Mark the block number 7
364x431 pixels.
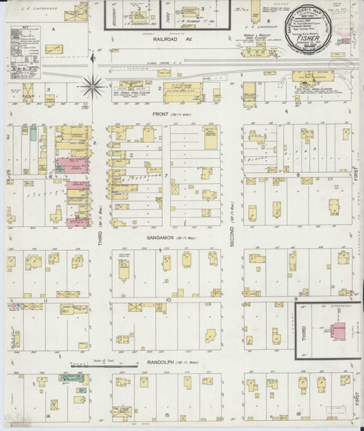[x=166, y=175]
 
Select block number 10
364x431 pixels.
[x=167, y=300]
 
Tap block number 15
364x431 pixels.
[x=167, y=416]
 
